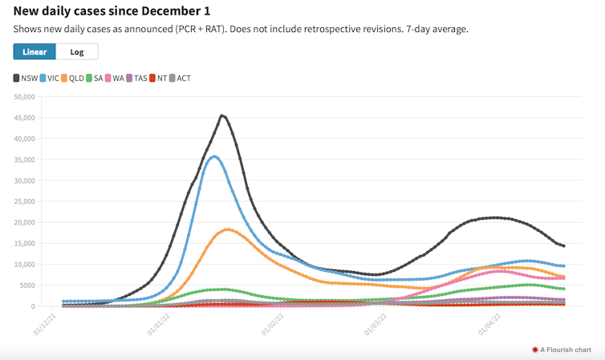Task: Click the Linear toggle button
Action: pos(35,51)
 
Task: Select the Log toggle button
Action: pos(77,51)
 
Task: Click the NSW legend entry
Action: pos(27,79)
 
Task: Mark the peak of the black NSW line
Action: pos(222,116)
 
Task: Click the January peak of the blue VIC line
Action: pos(213,156)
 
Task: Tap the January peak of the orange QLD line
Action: pos(228,229)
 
